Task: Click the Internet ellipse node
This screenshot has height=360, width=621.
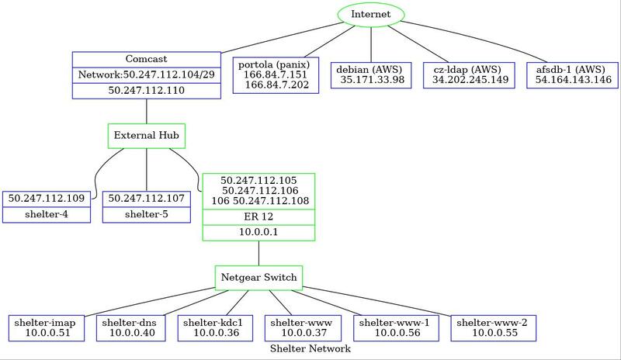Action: click(x=371, y=14)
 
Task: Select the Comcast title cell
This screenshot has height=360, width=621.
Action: click(x=147, y=60)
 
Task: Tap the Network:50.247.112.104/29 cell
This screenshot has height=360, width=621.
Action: click(x=147, y=74)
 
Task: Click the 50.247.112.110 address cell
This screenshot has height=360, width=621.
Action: click(x=147, y=90)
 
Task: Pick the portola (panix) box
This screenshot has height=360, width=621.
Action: click(x=276, y=75)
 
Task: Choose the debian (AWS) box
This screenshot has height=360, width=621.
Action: click(x=371, y=75)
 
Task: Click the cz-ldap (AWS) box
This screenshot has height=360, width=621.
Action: click(x=469, y=75)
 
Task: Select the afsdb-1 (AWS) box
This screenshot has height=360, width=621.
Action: click(x=572, y=75)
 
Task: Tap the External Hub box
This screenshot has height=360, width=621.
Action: click(x=147, y=136)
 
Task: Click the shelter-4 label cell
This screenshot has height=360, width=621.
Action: click(x=47, y=215)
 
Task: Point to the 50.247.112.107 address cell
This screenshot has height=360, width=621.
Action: click(x=147, y=199)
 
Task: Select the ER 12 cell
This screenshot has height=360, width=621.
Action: click(x=258, y=217)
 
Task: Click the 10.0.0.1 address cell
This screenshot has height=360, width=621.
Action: click(x=258, y=233)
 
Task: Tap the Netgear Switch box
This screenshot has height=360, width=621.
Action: click(x=258, y=278)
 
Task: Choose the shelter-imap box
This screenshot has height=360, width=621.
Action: click(x=47, y=328)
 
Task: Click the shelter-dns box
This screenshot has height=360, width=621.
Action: click(x=131, y=328)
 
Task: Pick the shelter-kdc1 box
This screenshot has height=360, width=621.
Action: click(x=216, y=328)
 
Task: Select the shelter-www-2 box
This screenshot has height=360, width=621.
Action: click(x=494, y=328)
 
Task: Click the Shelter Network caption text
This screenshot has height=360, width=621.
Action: click(x=310, y=348)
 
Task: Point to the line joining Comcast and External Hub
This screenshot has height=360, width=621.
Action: click(x=147, y=111)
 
